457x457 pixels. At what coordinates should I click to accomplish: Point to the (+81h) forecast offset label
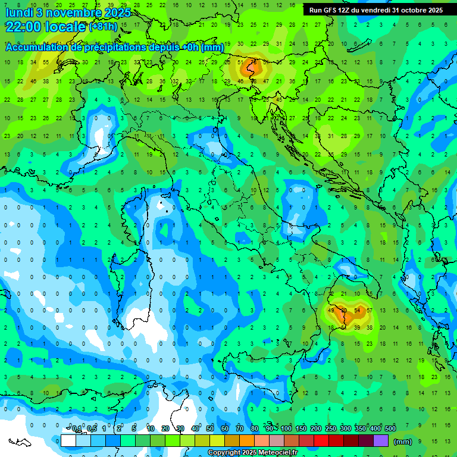coord(103,27)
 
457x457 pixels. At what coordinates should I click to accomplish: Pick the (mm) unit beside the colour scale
coord(403,442)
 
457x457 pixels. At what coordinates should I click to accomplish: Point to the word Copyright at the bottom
coord(223,453)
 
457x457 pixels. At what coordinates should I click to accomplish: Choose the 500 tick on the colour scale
coord(390,429)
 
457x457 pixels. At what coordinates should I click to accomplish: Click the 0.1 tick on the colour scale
coord(77,429)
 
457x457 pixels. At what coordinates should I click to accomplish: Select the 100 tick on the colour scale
coord(286,429)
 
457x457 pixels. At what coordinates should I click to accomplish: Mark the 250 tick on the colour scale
coord(331,429)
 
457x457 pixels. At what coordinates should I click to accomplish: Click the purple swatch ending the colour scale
coord(381,441)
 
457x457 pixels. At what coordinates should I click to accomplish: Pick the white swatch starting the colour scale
coord(68,441)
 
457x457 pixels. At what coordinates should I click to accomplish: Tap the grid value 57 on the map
coord(370,311)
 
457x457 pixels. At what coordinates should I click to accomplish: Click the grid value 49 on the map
coord(331,311)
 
